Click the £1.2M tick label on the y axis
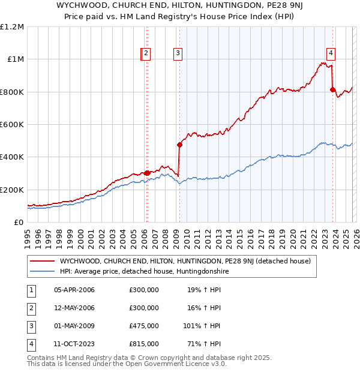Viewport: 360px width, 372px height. pos(12,27)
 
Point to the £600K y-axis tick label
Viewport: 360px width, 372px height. pos(12,124)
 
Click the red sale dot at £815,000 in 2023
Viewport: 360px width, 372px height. pos(332,89)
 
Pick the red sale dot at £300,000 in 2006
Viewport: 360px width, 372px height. pos(147,173)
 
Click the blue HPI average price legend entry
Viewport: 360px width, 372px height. pos(144,271)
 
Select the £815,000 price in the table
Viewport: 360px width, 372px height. pos(143,344)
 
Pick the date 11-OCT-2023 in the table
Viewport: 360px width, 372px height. pos(74,344)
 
